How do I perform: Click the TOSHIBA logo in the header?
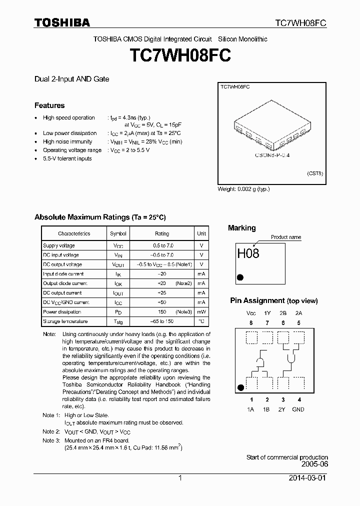(62, 22)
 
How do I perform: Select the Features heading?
(49, 105)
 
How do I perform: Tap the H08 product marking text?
(248, 253)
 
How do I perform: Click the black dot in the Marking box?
(240, 276)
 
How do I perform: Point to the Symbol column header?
(118, 233)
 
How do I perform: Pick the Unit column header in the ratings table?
(201, 233)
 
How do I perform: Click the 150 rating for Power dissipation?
(162, 312)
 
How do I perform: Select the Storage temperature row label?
(65, 321)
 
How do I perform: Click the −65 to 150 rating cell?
(162, 321)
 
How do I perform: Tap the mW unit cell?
(201, 312)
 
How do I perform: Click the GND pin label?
(298, 409)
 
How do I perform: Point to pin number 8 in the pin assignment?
(251, 323)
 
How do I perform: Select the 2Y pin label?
(283, 409)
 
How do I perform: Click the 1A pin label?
(251, 409)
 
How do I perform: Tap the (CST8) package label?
(315, 173)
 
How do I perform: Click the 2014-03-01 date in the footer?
(309, 478)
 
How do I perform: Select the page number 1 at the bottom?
(180, 478)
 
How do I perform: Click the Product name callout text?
(286, 237)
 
